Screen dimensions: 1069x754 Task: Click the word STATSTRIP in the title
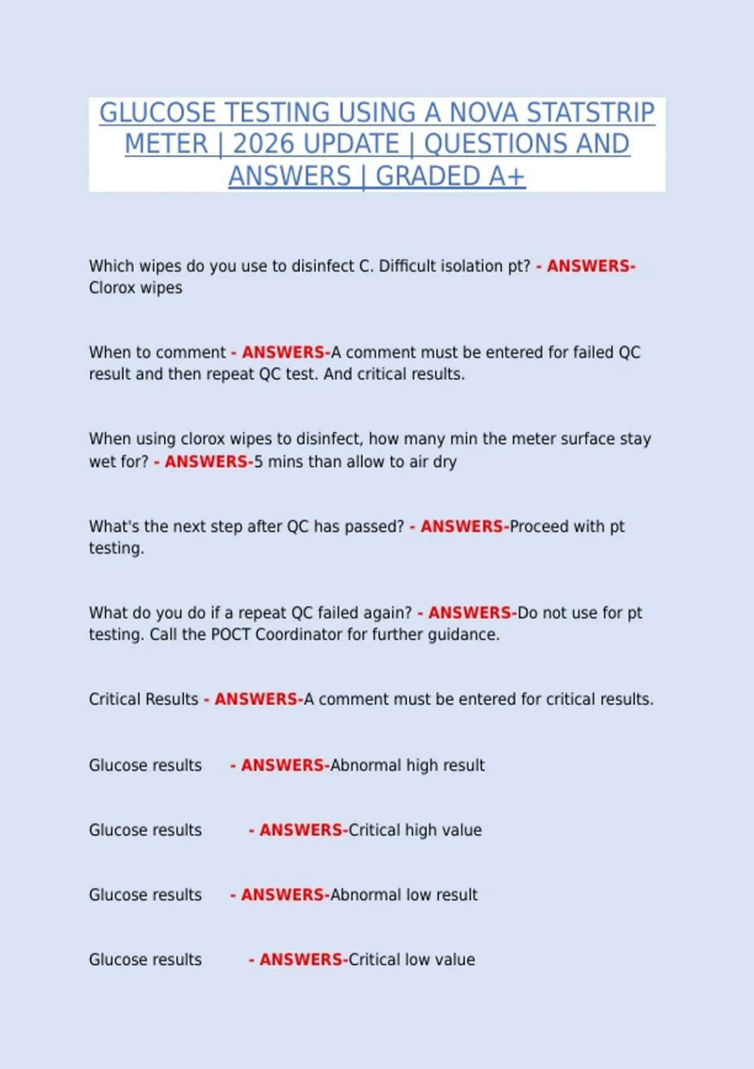(590, 113)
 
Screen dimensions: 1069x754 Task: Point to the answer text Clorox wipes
(135, 288)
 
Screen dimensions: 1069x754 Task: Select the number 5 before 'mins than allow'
(258, 462)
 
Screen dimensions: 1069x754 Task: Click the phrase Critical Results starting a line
(143, 699)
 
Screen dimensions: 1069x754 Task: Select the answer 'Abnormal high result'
(407, 765)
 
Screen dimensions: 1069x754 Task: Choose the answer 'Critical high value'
(415, 830)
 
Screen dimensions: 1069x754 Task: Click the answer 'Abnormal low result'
(403, 895)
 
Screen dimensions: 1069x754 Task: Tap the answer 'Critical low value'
(411, 960)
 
